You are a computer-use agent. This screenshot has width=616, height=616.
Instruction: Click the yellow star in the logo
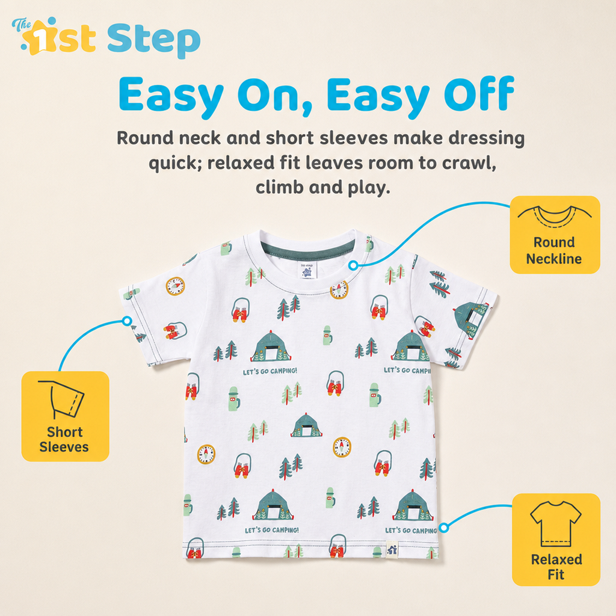tap(38, 38)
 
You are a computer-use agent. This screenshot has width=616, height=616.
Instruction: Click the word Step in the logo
tap(153, 41)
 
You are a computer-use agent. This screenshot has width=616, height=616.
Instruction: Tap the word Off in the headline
tap(479, 94)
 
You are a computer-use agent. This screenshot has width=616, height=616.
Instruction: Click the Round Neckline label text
tap(554, 250)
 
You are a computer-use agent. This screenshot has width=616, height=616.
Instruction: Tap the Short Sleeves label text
tap(64, 439)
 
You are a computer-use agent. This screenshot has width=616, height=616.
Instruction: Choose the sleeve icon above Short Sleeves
tap(63, 399)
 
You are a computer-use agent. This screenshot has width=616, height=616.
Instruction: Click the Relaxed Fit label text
tap(556, 567)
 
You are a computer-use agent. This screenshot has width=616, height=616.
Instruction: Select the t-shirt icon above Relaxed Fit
tap(556, 524)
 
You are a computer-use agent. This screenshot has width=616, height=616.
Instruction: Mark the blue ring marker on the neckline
tap(353, 265)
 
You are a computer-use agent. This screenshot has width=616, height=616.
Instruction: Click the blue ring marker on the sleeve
tap(126, 321)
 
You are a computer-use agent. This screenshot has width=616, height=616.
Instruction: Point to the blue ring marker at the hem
tap(444, 528)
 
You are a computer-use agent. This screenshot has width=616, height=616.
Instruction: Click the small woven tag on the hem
tap(392, 549)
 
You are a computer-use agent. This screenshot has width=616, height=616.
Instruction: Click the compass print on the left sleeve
tap(175, 286)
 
